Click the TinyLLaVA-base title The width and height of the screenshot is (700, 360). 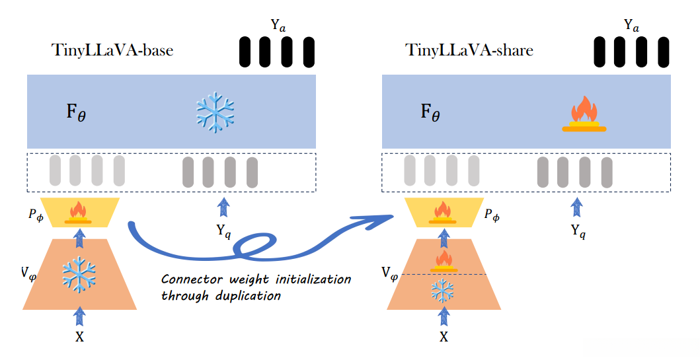[112, 50]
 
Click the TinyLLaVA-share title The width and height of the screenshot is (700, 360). [469, 50]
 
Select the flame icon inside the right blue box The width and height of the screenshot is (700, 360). [584, 114]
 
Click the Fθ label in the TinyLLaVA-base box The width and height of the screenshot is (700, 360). [75, 112]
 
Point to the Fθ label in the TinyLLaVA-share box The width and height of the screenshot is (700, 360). [430, 112]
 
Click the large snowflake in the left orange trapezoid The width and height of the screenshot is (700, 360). [79, 275]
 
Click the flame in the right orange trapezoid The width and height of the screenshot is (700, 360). [444, 260]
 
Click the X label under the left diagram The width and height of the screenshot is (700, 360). [79, 336]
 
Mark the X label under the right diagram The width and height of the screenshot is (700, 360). [444, 337]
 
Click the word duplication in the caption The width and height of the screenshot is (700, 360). [247, 295]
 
